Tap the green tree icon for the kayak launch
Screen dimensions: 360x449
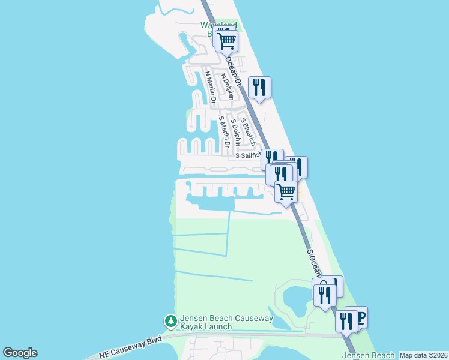tap(171, 322)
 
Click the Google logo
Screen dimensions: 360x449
tap(20, 353)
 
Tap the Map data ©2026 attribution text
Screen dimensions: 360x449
tap(423, 355)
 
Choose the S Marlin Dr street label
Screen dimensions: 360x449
tap(224, 131)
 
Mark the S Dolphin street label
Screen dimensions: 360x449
tap(236, 132)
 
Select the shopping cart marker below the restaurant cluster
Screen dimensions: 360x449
tap(286, 192)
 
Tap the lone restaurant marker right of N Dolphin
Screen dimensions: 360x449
tap(259, 87)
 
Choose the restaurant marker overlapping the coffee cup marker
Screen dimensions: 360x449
tap(346, 321)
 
